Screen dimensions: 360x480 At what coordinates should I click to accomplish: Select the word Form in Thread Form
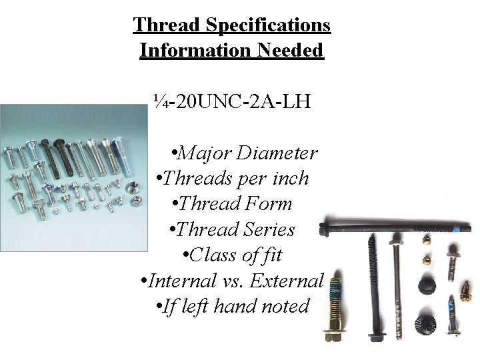[270, 204]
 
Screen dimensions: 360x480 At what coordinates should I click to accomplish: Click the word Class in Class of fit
[214, 255]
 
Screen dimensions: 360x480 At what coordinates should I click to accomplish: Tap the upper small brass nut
[423, 237]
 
